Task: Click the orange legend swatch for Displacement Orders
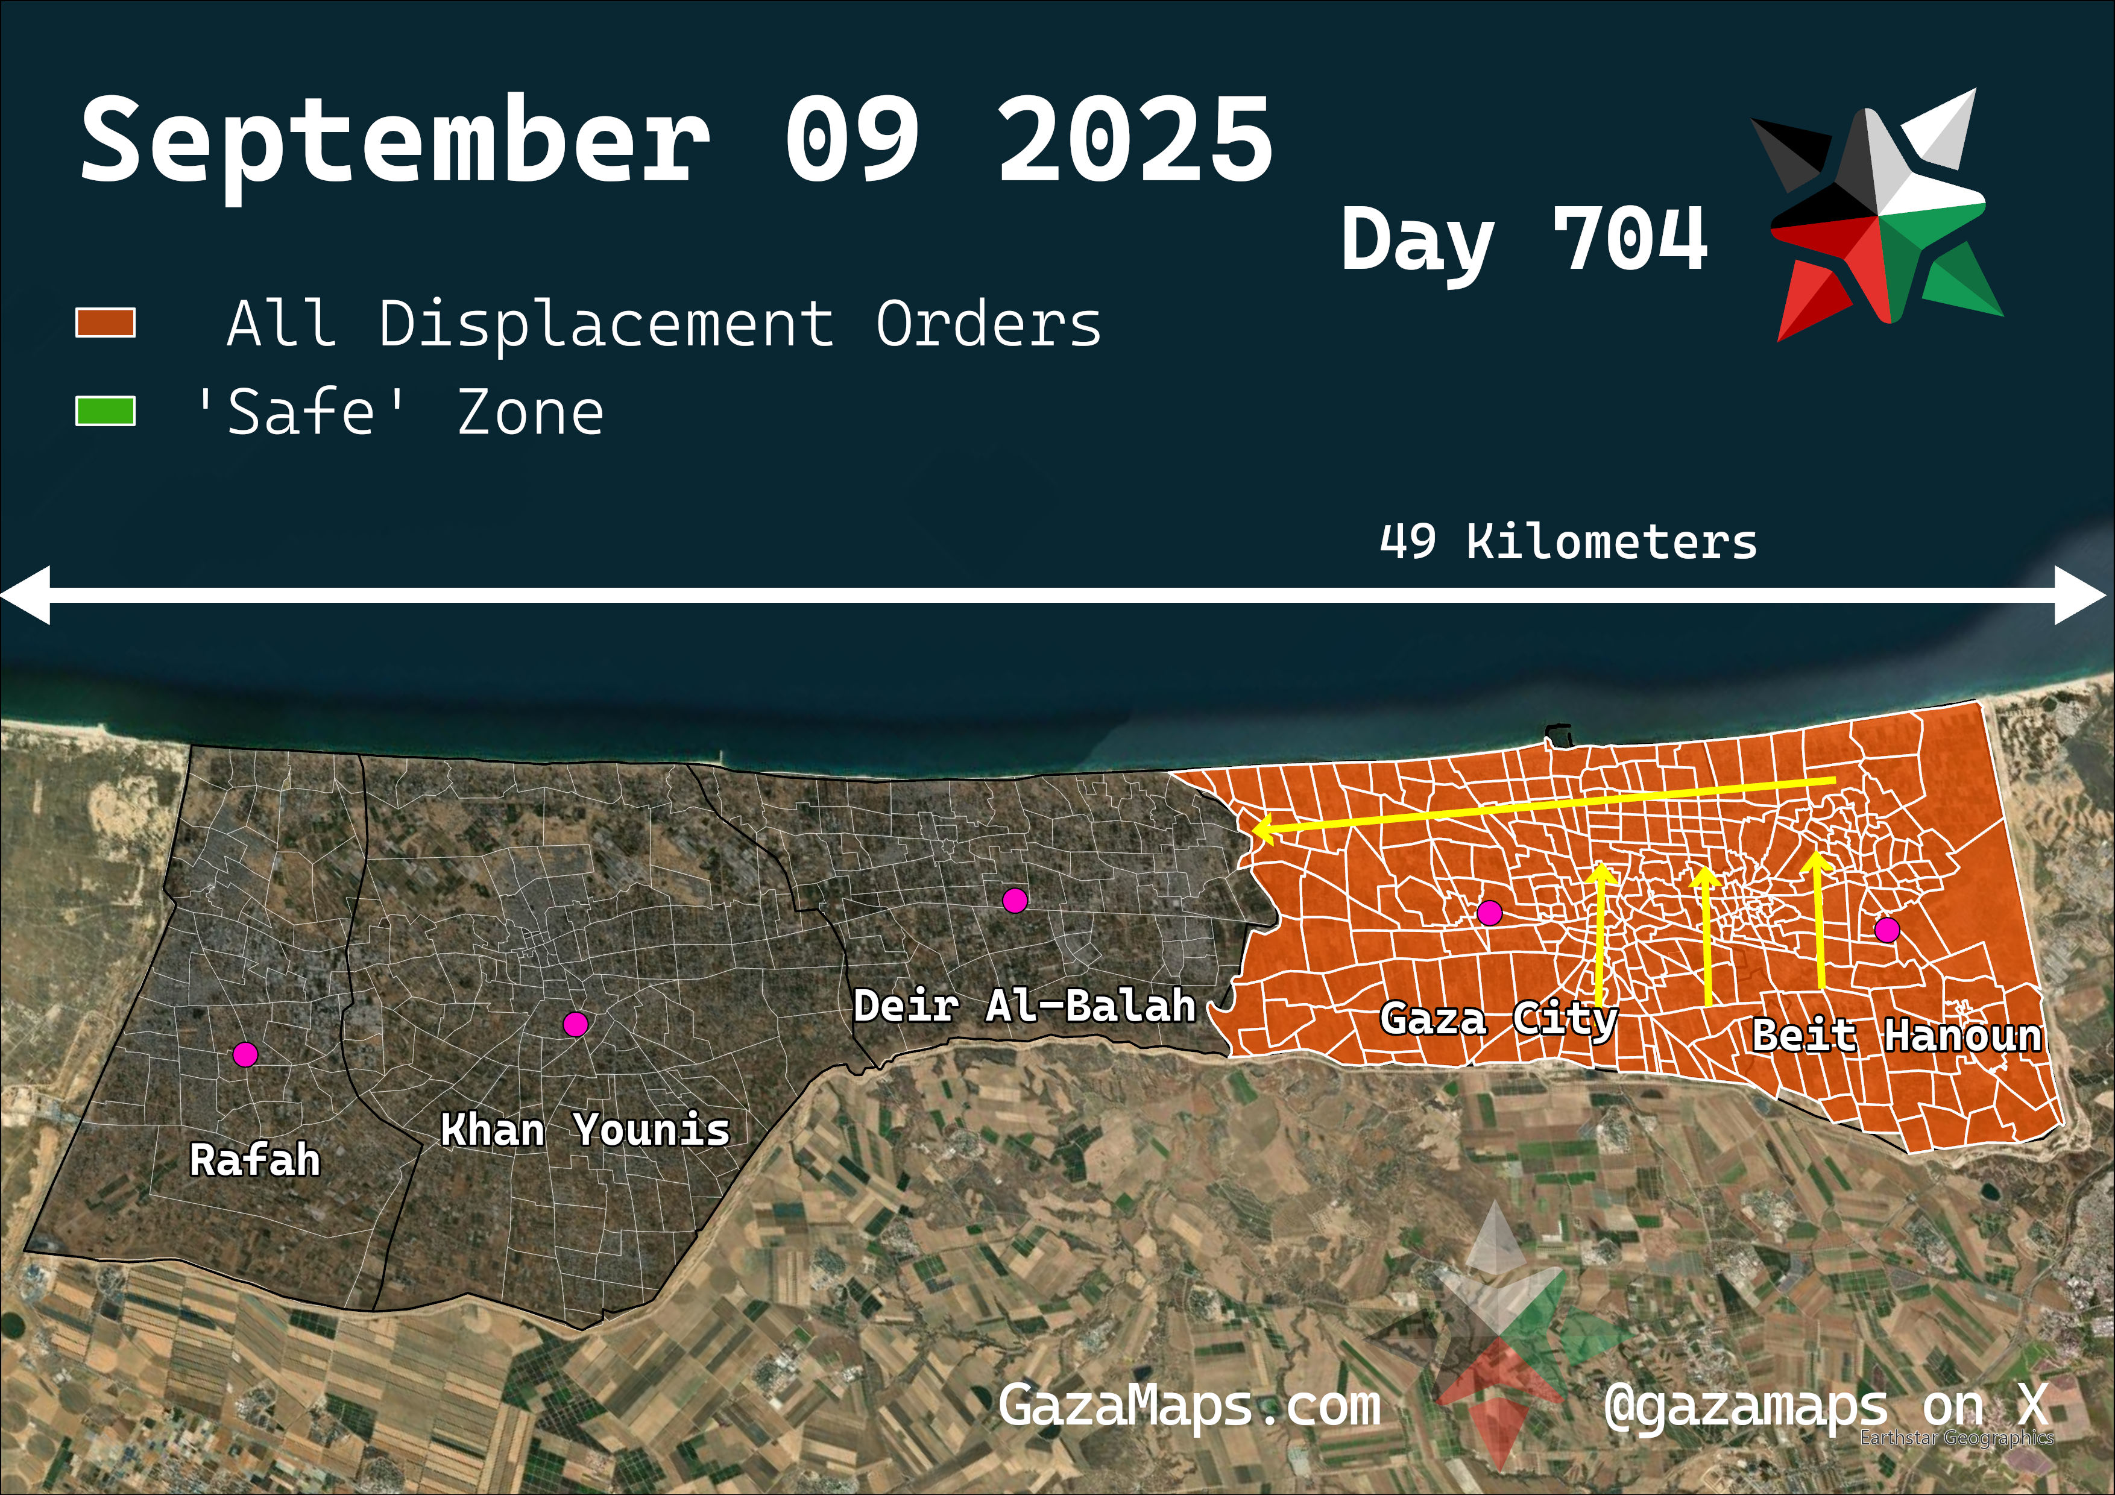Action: [105, 323]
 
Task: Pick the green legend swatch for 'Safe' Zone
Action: [105, 411]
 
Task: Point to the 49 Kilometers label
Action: [1568, 541]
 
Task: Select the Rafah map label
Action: [255, 1160]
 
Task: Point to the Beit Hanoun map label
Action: [1896, 1036]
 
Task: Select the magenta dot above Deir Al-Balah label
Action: [1014, 901]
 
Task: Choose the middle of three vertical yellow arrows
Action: [1707, 935]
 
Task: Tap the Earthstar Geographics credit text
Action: [1956, 1438]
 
